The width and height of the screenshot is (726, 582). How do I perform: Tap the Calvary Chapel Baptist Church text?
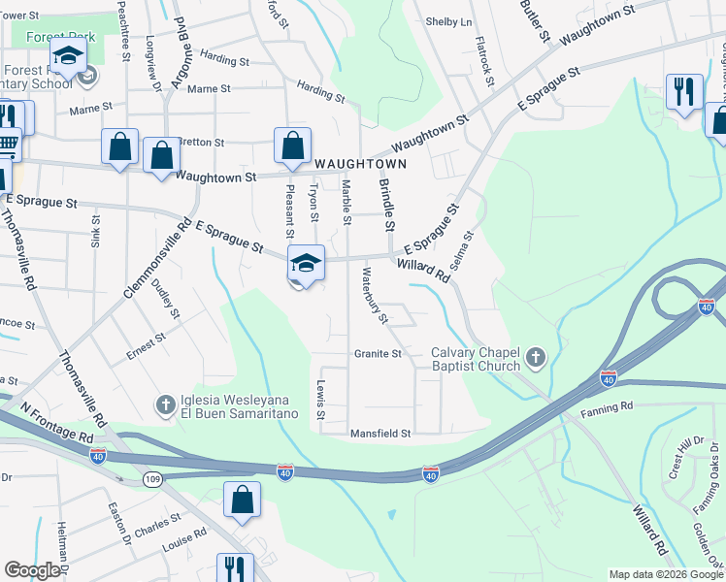(x=476, y=360)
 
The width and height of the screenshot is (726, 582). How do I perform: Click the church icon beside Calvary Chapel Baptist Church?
(x=535, y=360)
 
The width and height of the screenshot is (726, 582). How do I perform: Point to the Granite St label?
(x=378, y=354)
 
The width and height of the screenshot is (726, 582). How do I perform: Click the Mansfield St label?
(x=381, y=433)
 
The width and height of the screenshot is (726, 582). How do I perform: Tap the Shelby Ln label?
(x=449, y=22)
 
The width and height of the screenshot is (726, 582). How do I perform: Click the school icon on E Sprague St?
(x=305, y=263)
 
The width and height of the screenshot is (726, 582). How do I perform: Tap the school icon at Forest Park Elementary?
(x=68, y=57)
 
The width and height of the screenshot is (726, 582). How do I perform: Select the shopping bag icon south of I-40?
(x=242, y=500)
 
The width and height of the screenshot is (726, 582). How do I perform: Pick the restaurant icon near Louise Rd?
(x=234, y=568)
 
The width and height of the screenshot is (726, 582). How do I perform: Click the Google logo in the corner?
(x=32, y=570)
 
